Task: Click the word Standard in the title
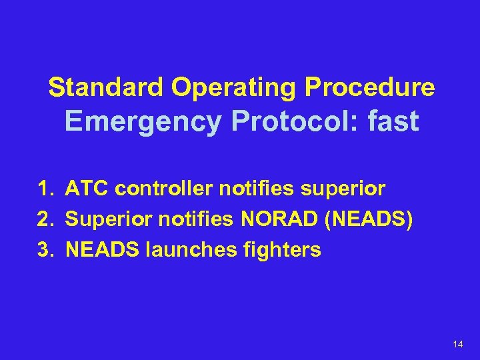106,87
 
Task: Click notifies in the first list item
257,189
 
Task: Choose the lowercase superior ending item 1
343,189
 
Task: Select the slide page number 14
457,344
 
